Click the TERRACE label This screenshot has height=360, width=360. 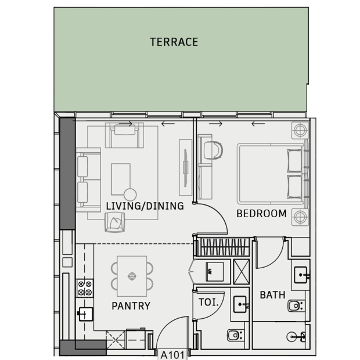[x=174, y=42]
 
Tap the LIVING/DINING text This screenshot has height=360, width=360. [x=145, y=206]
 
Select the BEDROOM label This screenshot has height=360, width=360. [x=261, y=214]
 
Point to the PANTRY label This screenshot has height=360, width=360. [x=131, y=306]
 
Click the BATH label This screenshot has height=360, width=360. [x=272, y=295]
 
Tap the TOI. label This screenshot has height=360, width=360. [x=208, y=302]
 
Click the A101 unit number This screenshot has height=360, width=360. [x=172, y=355]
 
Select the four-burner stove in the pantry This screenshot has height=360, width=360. [x=85, y=288]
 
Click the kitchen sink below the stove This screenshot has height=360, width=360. [x=85, y=314]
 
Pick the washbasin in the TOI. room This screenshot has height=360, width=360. [x=240, y=304]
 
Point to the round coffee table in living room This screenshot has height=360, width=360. [x=130, y=195]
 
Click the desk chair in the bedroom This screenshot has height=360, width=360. [x=213, y=150]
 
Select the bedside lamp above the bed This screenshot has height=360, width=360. [x=300, y=131]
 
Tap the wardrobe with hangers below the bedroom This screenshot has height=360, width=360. [x=224, y=247]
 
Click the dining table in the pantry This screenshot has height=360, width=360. [x=132, y=276]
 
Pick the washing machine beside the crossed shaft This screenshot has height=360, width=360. [x=215, y=272]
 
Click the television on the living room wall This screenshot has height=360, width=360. [x=185, y=167]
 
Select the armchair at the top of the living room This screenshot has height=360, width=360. [x=125, y=135]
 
